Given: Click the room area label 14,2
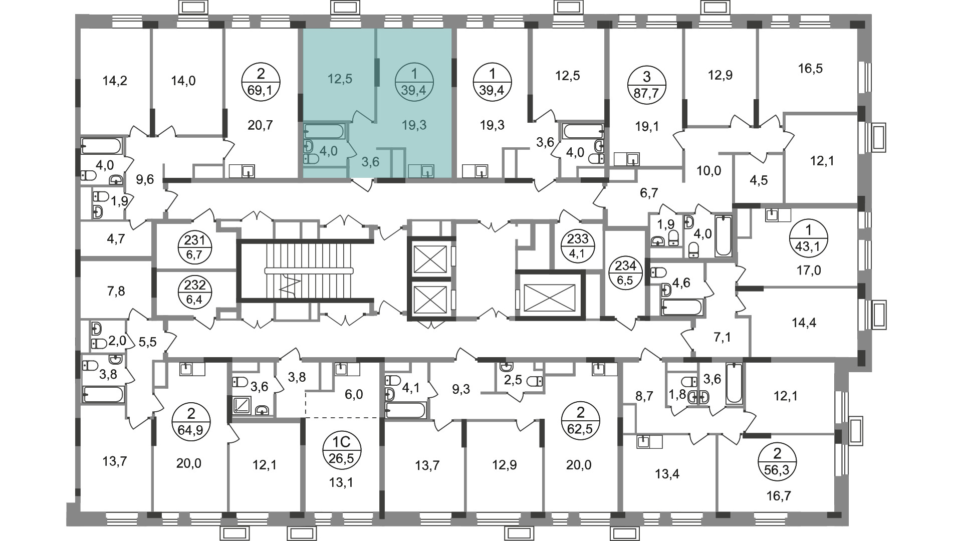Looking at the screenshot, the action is (x=115, y=80).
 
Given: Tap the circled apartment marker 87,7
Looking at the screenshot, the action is (x=647, y=85).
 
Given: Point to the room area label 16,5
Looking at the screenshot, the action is (x=811, y=68).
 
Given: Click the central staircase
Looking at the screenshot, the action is (x=305, y=270).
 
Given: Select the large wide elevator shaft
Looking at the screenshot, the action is (x=550, y=295).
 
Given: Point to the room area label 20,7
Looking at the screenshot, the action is (x=261, y=125).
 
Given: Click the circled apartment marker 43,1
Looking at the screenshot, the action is (x=808, y=239).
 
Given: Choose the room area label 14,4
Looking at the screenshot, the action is (x=803, y=323).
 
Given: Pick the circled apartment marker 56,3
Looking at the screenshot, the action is (x=777, y=461).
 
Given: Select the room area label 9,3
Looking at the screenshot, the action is (x=461, y=389).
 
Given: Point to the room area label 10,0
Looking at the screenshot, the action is (x=708, y=171).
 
